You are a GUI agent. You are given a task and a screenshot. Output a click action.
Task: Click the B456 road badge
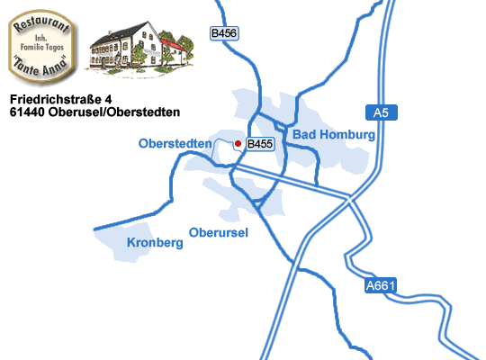pos(224,33)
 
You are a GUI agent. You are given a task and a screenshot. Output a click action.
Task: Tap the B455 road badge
pos(260,143)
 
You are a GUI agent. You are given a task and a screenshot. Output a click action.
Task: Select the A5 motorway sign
pos(381,112)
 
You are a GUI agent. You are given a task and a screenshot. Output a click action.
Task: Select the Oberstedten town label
pos(175,143)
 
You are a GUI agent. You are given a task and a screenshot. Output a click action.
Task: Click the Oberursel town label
pos(219,233)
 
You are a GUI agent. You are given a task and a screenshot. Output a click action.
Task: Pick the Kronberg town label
pos(149,243)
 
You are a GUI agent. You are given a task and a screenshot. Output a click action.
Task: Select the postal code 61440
pos(28,112)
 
